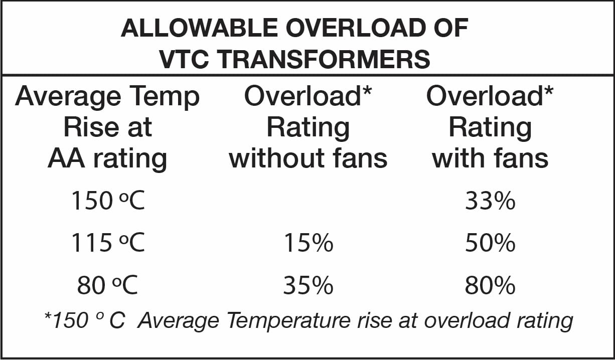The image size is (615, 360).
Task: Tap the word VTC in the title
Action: (x=186, y=59)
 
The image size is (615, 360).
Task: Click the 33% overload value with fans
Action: (x=490, y=201)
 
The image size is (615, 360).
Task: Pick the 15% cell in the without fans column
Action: (x=308, y=244)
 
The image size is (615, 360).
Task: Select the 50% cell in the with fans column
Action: (x=490, y=244)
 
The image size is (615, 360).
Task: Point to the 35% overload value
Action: (x=308, y=286)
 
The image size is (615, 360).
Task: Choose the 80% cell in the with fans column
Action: (x=490, y=286)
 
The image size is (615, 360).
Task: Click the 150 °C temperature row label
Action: (x=107, y=201)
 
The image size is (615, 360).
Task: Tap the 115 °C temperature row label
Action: (x=107, y=244)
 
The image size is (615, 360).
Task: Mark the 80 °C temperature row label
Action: (x=107, y=286)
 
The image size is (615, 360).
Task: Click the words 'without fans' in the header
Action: (x=308, y=158)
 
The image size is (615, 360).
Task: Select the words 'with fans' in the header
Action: (x=490, y=158)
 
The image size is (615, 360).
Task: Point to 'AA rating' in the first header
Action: (x=107, y=158)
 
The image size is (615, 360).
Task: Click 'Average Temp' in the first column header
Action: (x=107, y=97)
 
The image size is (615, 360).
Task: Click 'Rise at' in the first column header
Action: (x=107, y=127)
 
